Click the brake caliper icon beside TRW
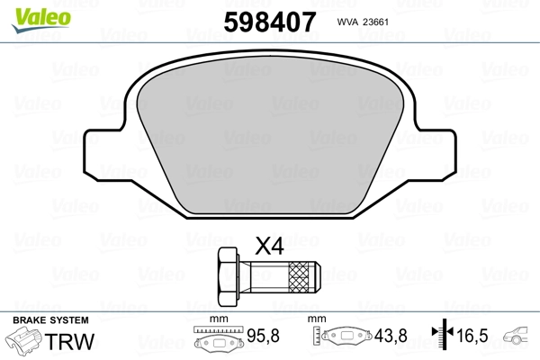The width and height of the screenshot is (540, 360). coord(27,343)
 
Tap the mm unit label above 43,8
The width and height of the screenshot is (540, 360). coord(316,319)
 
